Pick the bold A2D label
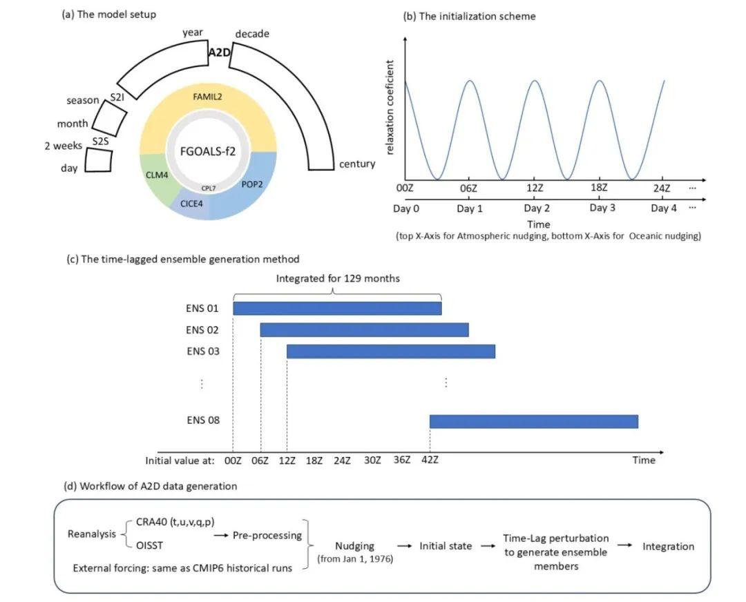(219, 52)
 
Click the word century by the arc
(356, 164)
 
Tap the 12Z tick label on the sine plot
(533, 188)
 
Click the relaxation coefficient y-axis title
(391, 115)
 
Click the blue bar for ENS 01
(337, 308)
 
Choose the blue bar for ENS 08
(533, 420)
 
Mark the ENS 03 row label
(203, 351)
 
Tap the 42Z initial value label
(430, 460)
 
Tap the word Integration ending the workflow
(668, 546)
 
